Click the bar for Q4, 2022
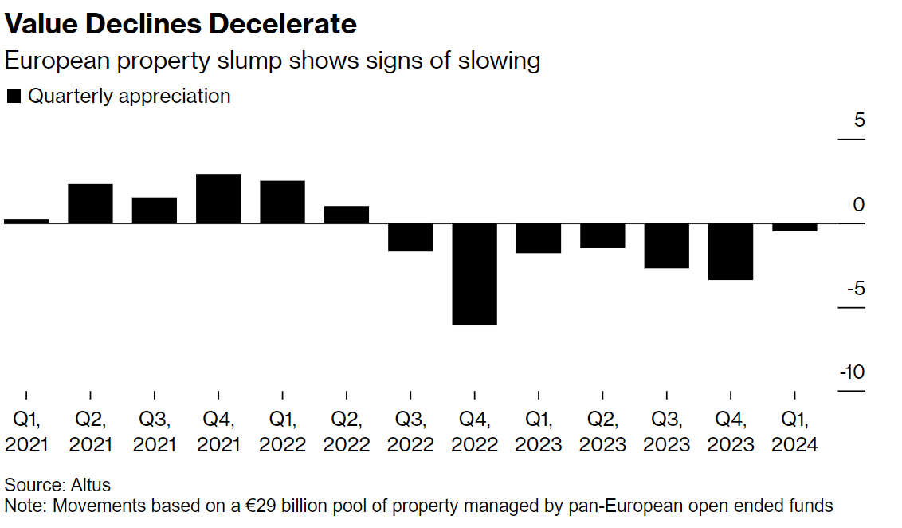(474, 274)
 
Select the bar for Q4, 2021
(218, 199)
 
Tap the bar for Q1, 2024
(794, 227)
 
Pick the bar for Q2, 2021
(90, 203)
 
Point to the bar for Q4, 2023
(731, 251)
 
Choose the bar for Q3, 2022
(410, 237)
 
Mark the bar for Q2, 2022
(347, 215)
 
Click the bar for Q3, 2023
(667, 246)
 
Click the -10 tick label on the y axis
(852, 372)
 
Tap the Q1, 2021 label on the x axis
(26, 431)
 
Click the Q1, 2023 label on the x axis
(538, 431)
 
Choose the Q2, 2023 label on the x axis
(602, 431)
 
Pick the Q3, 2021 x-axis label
(155, 431)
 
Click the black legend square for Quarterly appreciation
(14, 97)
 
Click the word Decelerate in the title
(283, 24)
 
